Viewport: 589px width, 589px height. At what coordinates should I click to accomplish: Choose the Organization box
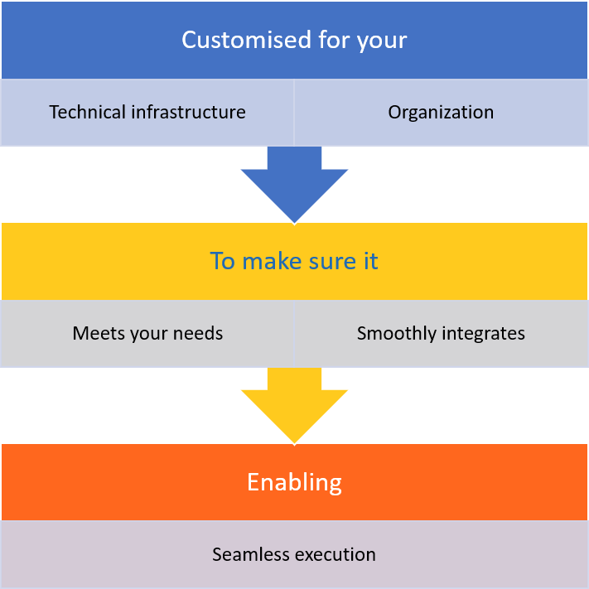[x=441, y=112]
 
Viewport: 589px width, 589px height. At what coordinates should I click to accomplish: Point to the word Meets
[x=96, y=333]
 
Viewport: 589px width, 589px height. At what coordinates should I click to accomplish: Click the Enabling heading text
[x=294, y=482]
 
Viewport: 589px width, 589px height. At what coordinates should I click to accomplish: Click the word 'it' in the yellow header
[x=370, y=261]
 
